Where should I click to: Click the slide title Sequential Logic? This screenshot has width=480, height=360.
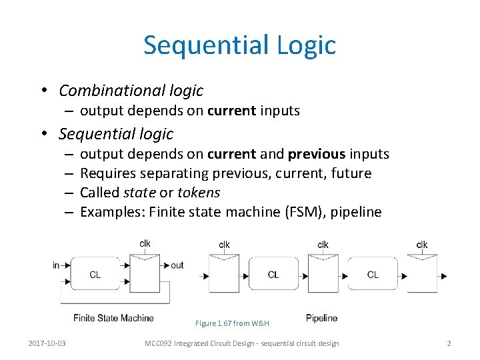pos(239,45)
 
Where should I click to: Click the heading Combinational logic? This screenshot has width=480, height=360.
pos(131,90)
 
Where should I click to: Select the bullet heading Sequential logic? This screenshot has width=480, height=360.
pos(115,133)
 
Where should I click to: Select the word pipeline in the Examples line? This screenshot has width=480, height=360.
pos(358,212)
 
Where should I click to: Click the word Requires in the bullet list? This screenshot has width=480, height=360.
pos(104,173)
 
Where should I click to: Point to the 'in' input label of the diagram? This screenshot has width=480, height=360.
pos(56,265)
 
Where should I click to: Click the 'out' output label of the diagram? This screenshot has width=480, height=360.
pos(177,265)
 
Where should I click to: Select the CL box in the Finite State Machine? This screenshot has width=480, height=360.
pos(95,274)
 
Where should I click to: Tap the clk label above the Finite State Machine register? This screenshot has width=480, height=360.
pos(145,244)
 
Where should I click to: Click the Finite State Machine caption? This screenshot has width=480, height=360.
pos(113,318)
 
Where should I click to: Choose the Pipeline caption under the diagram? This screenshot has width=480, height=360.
pos(321,318)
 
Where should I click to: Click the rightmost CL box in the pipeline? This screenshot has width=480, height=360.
pos(372,274)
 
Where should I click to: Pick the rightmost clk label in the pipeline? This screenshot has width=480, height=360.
pos(422,245)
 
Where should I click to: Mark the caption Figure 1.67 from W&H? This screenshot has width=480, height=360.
pos(232,323)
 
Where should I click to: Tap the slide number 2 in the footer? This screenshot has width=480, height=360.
pos(449,343)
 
